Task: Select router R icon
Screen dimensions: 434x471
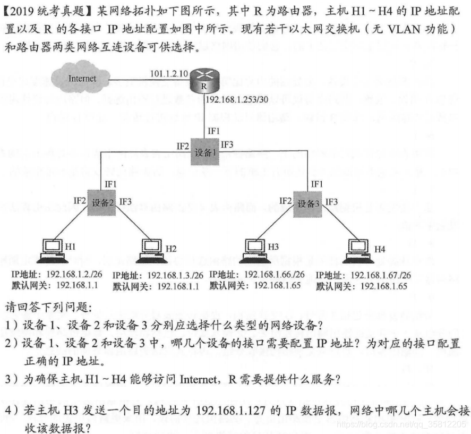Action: pos(203,80)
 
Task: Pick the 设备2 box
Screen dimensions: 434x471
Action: pos(102,202)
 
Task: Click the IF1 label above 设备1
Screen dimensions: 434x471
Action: pos(213,130)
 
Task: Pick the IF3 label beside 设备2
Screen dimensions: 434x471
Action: pos(125,201)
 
